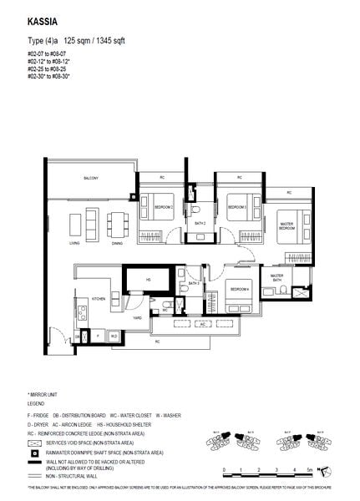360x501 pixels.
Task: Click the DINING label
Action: click(x=117, y=243)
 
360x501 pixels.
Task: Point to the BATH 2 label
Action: click(x=200, y=224)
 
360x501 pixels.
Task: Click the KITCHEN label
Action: click(x=98, y=298)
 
